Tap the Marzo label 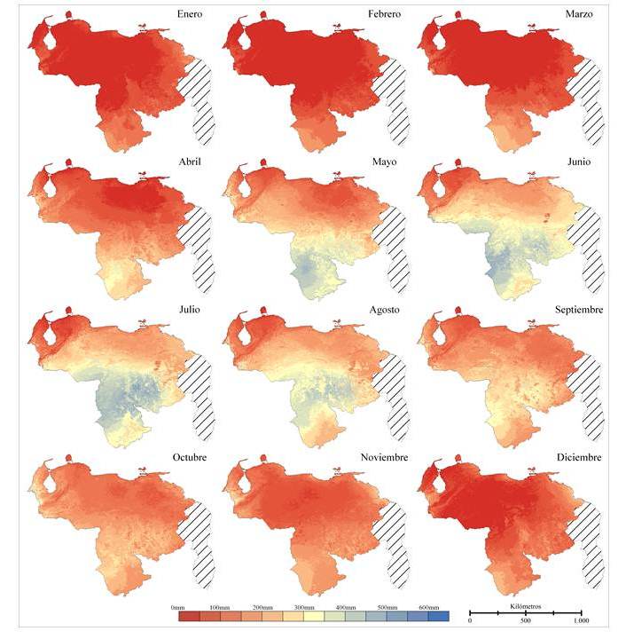[583, 14]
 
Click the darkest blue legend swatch [438, 615]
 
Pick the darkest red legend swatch [188, 615]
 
